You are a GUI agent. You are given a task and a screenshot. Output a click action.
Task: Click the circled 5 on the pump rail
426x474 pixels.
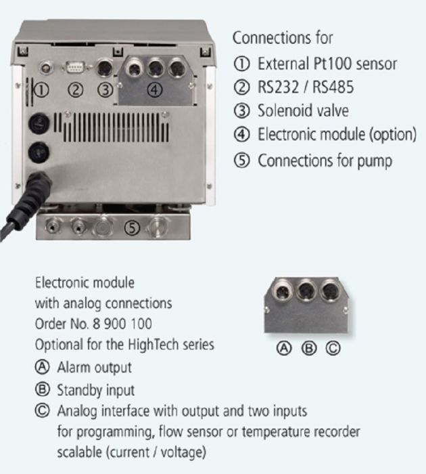coord(133,228)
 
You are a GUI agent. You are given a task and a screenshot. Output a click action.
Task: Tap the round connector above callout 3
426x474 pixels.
coord(105,69)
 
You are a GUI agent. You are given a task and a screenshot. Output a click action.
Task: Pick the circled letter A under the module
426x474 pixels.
coord(285,349)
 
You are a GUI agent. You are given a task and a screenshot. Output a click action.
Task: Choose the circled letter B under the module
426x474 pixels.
coord(308,349)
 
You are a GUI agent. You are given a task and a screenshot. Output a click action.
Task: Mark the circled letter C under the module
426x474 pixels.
coord(333,349)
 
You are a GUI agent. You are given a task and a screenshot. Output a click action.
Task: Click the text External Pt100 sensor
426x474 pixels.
coord(327,64)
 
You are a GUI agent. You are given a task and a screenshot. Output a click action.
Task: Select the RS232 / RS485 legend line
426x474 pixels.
coord(305,88)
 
